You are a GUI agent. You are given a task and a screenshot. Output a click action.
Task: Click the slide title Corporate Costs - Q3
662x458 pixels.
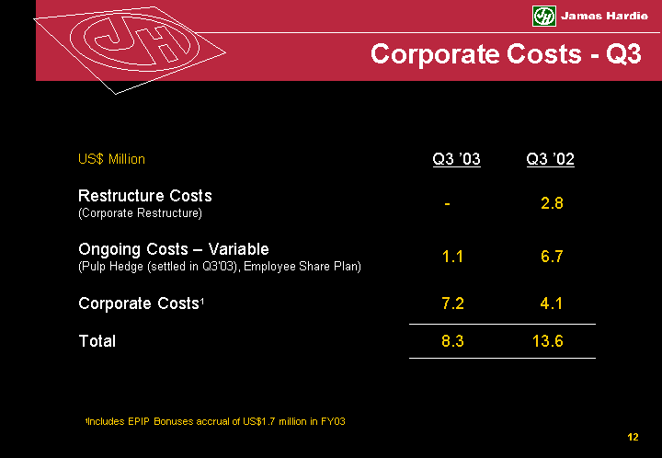click(505, 54)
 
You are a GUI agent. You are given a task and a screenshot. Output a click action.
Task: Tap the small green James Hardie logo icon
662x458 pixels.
click(544, 17)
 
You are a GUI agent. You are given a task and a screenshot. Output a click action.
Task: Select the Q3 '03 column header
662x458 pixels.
click(456, 160)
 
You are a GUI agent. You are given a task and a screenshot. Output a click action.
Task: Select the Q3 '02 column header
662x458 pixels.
click(550, 160)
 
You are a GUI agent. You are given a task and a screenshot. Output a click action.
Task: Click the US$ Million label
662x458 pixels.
click(111, 159)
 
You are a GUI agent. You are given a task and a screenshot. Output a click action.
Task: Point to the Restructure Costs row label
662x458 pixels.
click(145, 196)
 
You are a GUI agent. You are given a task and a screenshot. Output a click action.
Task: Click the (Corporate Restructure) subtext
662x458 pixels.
click(140, 213)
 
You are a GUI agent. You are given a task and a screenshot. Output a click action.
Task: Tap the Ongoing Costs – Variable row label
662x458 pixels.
click(174, 249)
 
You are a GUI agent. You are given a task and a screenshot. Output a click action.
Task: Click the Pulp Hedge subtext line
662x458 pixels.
click(220, 267)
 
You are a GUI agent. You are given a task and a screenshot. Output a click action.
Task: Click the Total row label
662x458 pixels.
click(97, 341)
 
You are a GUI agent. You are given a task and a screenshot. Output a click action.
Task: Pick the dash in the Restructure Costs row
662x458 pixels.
click(446, 203)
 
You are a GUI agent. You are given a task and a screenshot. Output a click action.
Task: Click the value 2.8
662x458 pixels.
click(552, 203)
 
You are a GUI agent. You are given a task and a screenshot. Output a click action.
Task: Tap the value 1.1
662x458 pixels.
click(452, 258)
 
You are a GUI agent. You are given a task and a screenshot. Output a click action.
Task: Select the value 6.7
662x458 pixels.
click(552, 258)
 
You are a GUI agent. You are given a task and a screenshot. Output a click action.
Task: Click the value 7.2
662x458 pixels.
click(452, 303)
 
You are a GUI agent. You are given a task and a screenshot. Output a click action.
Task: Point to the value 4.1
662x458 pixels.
click(552, 303)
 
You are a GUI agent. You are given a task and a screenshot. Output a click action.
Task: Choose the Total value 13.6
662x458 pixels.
click(548, 342)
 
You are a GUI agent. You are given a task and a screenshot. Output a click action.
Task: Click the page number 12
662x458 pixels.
click(633, 437)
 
